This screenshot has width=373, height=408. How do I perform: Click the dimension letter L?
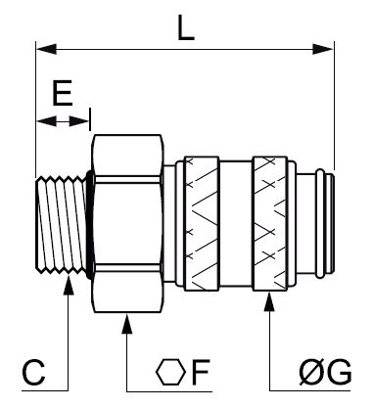pos(186,28)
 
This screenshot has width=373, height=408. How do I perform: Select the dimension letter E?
pos(62,93)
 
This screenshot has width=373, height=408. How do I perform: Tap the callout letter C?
pos(33,373)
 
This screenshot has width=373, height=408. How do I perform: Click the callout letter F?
pos(200,372)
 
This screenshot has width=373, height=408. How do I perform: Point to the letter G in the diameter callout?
pos(339,373)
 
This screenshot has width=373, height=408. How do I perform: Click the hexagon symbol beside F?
pos(170,372)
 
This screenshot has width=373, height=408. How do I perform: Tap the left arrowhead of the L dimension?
pos(46,50)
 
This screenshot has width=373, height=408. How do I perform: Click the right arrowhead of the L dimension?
pos(323,50)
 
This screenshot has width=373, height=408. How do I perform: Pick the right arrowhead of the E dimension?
pos(79,122)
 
